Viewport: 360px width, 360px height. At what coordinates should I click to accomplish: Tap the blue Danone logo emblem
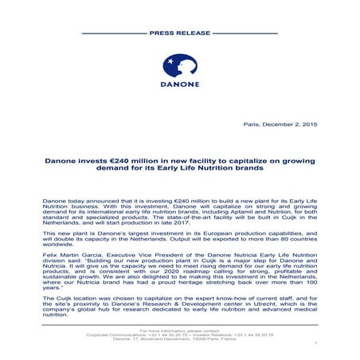click(180, 67)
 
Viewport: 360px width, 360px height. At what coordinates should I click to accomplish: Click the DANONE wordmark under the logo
click(180, 89)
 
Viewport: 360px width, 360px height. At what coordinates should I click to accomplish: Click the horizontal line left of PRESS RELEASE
click(112, 33)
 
